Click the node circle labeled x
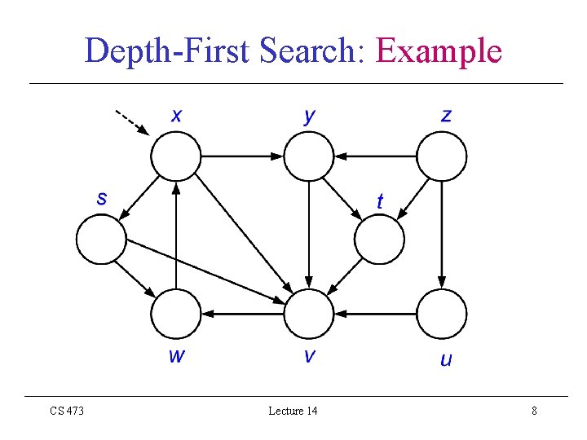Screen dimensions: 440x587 pos(175,156)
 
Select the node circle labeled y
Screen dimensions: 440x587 pos(309,156)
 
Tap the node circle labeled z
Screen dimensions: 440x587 pos(442,156)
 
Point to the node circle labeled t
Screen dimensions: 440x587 pos(380,239)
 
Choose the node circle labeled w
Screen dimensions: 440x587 pos(175,314)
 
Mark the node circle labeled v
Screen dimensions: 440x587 pos(309,314)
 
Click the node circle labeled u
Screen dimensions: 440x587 pos(442,314)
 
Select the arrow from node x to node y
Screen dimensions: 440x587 pos(242,156)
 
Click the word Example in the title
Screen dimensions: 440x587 pos(439,51)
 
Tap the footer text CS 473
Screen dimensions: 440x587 pos(67,411)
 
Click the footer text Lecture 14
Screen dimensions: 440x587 pos(293,411)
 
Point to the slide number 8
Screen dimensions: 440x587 pos(534,411)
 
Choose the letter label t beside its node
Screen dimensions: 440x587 pos(379,200)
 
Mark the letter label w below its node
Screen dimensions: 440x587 pos(175,356)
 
